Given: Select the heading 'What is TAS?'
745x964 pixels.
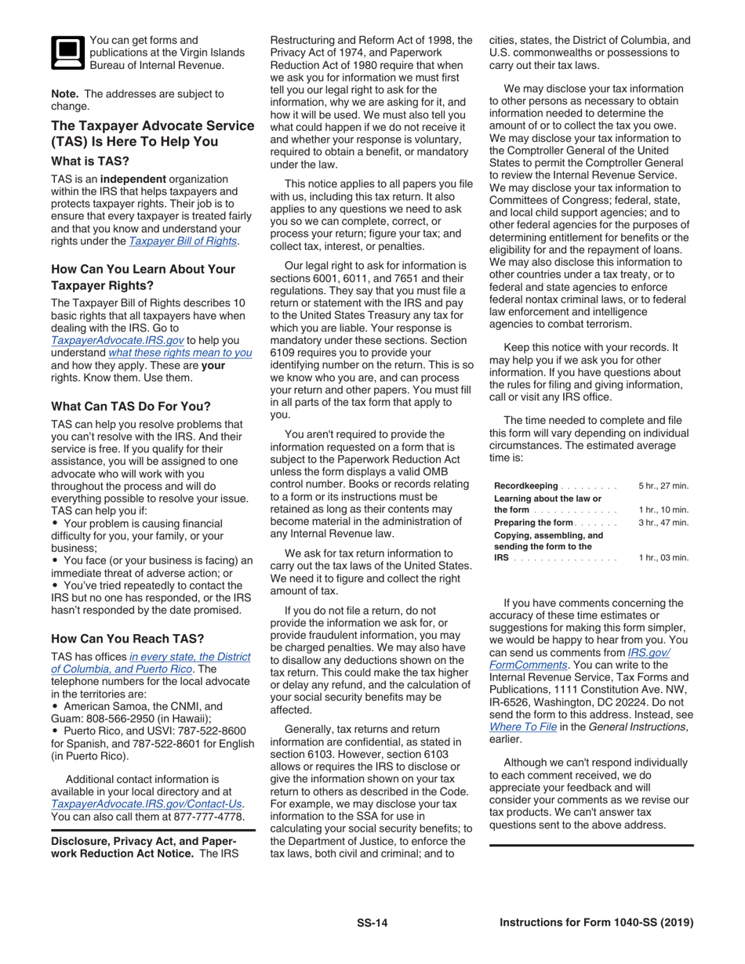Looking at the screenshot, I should point(90,161).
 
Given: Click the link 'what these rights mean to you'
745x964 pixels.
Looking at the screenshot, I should point(180,353).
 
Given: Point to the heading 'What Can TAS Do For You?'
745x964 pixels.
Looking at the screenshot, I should point(130,406).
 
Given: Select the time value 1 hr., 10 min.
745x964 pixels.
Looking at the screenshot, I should point(663,510).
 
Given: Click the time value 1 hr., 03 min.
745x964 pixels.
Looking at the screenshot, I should point(663,558).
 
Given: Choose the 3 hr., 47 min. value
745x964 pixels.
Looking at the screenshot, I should point(663,523).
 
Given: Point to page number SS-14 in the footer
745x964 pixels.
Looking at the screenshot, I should point(372,923).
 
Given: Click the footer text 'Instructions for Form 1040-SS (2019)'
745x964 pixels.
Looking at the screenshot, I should point(596,923).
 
